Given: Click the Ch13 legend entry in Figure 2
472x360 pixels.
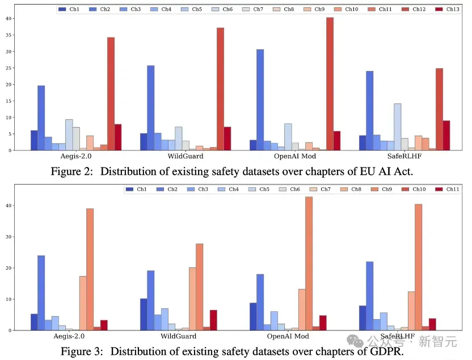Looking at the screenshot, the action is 447,9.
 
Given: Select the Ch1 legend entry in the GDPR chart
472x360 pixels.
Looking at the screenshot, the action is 136,189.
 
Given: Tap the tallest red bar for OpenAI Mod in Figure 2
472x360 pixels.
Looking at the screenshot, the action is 330,83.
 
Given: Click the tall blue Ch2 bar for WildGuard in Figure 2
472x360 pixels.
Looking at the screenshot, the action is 151,108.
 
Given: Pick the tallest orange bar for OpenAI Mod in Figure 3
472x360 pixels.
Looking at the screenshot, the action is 309,263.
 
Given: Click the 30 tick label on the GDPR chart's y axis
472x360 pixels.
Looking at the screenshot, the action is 9,237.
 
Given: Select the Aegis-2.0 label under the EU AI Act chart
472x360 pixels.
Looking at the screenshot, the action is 76,156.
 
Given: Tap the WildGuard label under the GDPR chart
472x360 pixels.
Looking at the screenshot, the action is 179,336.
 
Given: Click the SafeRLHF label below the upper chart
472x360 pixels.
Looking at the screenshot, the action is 404,156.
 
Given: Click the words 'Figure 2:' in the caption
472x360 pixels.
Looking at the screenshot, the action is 71,171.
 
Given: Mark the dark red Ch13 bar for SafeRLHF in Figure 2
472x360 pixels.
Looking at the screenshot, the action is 446,136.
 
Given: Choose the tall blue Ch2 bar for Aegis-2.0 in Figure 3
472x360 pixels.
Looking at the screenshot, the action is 41,293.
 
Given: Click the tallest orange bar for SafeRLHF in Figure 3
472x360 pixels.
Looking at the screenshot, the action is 419,267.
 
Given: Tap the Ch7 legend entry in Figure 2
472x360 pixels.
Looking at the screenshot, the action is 252,9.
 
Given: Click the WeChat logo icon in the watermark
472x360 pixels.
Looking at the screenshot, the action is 355,341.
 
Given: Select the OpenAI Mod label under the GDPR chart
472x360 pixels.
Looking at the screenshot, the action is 288,336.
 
